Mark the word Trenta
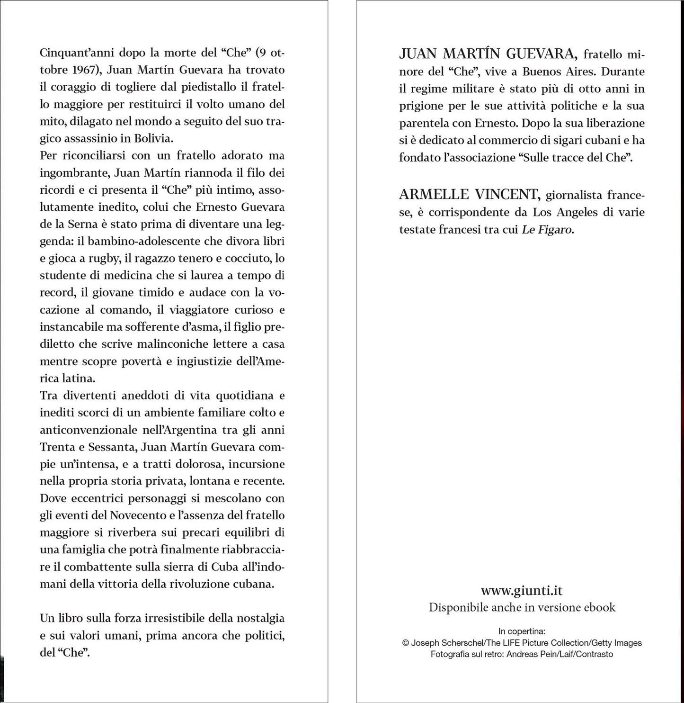pyautogui.click(x=58, y=447)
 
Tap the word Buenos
pyautogui.click(x=542, y=72)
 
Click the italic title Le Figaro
pyautogui.click(x=547, y=229)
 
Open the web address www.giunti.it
pyautogui.click(x=522, y=590)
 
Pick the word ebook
pyautogui.click(x=600, y=607)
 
